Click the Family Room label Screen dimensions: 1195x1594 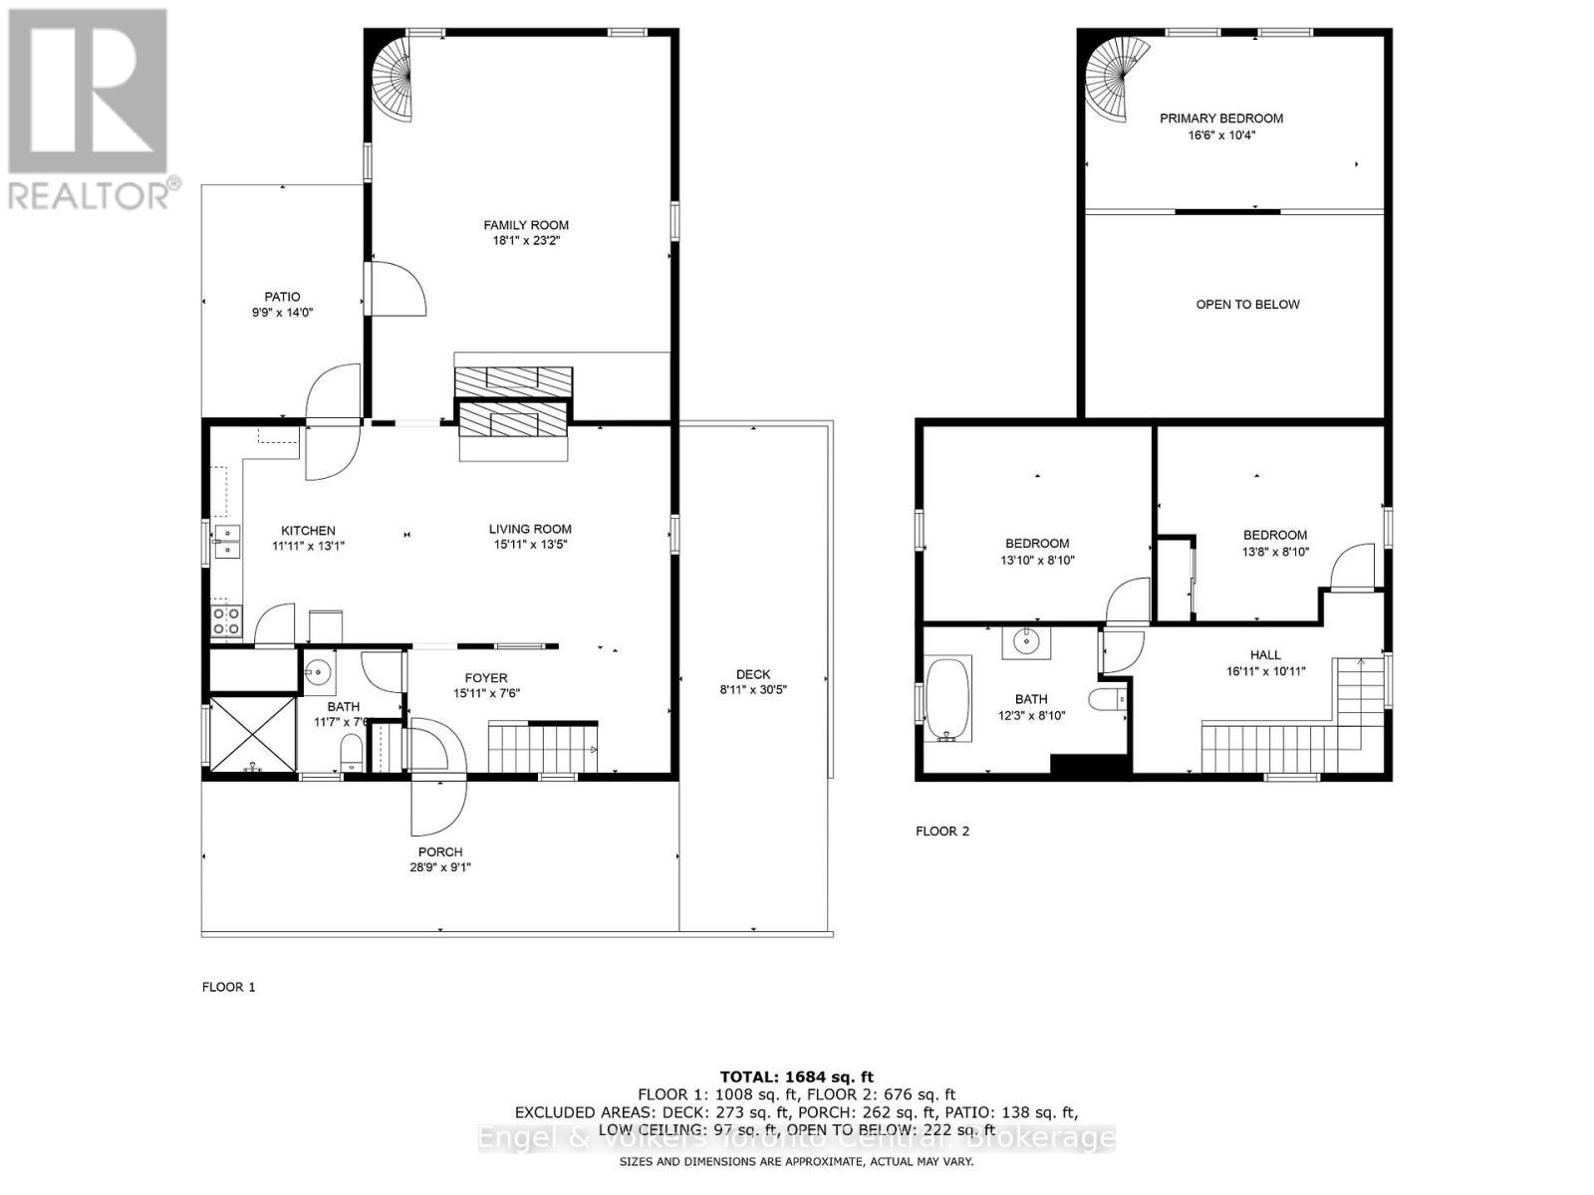coord(526,225)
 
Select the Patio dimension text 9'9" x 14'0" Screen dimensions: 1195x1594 coord(282,313)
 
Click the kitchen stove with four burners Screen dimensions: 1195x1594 coord(226,621)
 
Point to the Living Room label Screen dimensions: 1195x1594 coord(530,529)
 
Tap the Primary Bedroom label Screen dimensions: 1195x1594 coord(1220,119)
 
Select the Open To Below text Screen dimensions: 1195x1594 coord(1247,305)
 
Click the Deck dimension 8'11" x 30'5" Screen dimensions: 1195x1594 coord(753,689)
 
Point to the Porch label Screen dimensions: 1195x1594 coord(440,851)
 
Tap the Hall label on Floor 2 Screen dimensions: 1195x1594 coord(1265,654)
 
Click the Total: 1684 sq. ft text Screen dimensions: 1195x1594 coord(796,1076)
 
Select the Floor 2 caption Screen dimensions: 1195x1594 coord(941,831)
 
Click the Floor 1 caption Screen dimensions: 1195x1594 coord(228,987)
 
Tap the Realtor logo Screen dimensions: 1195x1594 coord(89,109)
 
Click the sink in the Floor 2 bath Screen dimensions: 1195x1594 coord(1027,642)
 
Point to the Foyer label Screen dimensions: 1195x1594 coord(486,678)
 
